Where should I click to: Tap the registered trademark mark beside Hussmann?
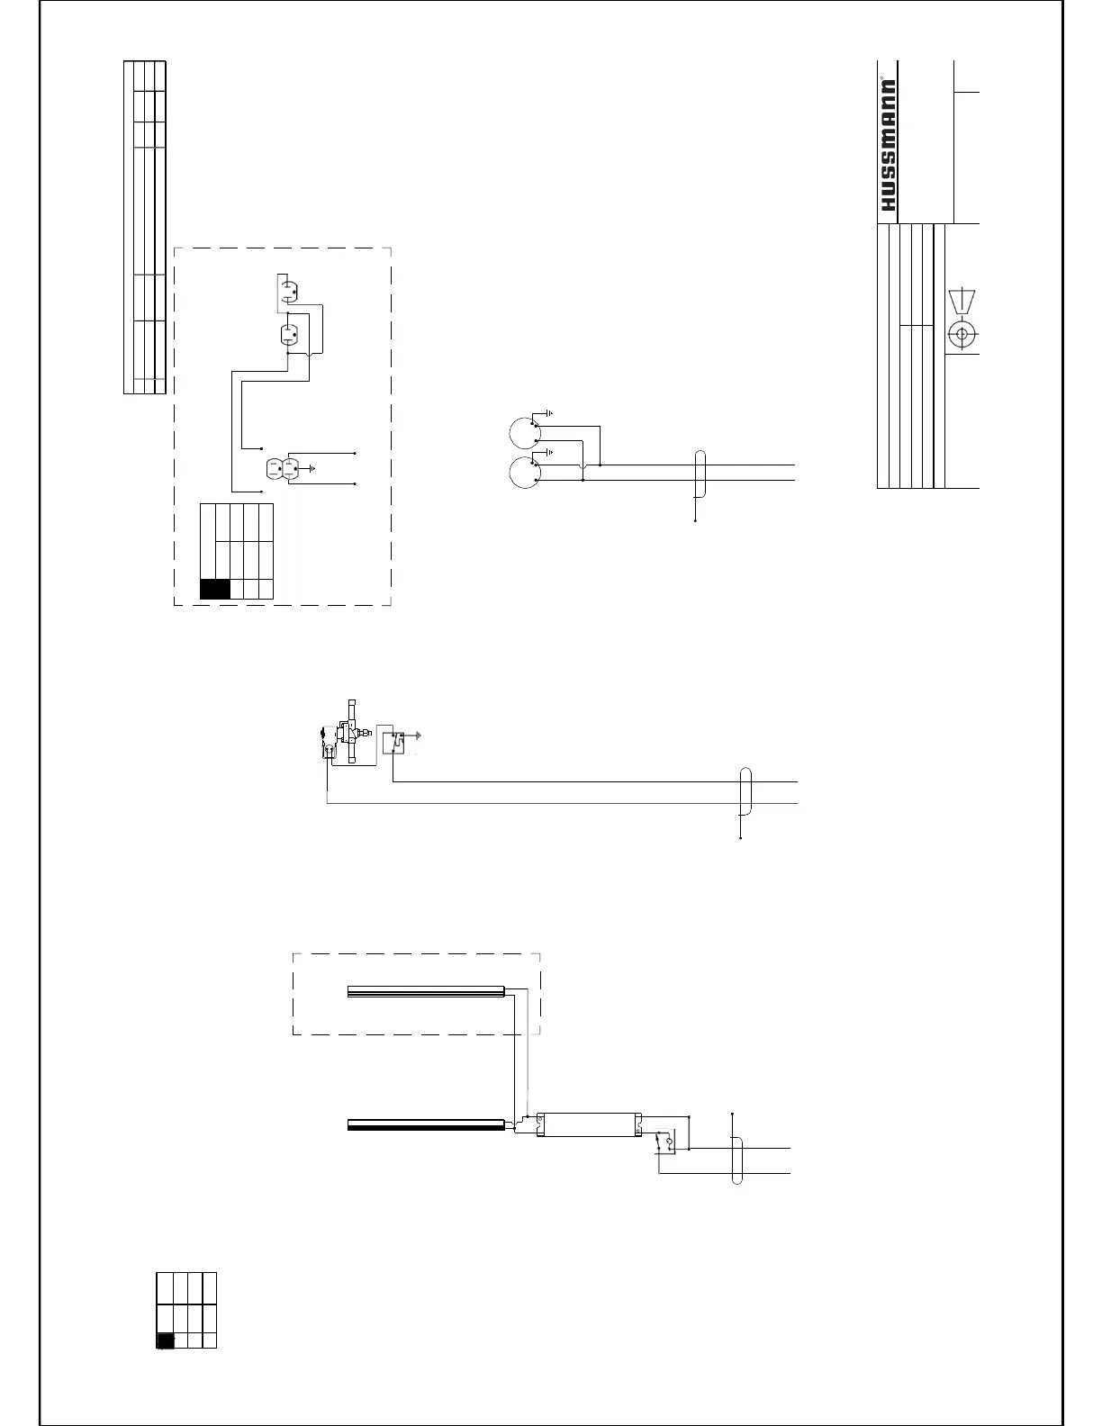point(893,67)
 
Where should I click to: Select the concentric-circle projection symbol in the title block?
point(962,335)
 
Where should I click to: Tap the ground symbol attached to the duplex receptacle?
point(311,468)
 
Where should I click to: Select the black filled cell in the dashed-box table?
point(215,589)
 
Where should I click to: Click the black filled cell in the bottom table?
point(165,1340)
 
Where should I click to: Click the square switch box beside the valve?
point(394,742)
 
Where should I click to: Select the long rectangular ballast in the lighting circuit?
point(589,1123)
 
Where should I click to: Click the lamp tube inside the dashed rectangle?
point(425,992)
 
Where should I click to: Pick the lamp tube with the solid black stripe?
point(426,1124)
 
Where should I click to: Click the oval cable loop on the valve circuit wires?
point(745,791)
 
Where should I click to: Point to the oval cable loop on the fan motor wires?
point(700,474)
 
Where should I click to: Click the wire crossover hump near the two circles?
point(584,465)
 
